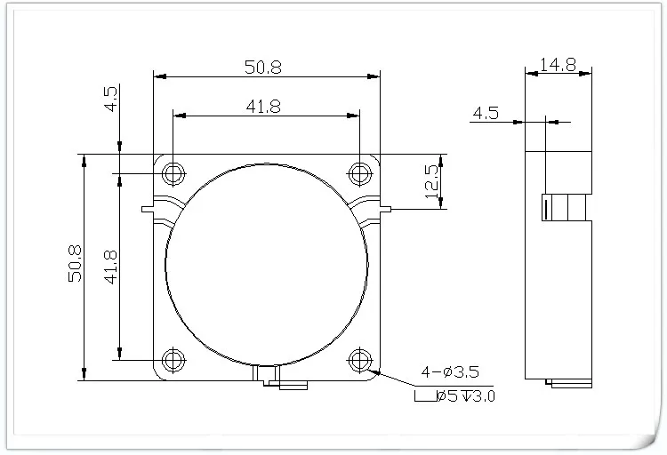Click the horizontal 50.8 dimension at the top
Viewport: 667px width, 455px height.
pos(263,67)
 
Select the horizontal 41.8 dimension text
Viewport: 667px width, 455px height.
pos(264,107)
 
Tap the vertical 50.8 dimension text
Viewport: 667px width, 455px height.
pos(76,264)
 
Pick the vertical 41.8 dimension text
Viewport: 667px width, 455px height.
pos(110,267)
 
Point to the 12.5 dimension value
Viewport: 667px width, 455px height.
pos(431,181)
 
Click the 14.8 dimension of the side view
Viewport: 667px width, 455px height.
pos(559,65)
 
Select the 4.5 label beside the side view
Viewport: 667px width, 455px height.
pos(486,113)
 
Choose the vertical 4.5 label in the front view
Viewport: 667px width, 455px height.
pos(110,99)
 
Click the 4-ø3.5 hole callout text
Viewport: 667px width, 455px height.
pos(450,371)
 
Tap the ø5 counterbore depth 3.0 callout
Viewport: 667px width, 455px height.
pos(454,395)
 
